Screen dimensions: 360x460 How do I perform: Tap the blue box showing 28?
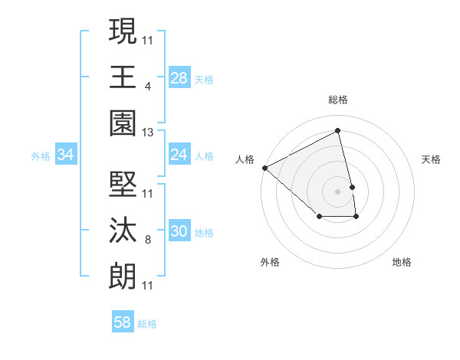click(179, 78)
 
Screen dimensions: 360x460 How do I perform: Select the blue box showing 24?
click(179, 155)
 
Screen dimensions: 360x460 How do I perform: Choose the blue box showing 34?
click(66, 155)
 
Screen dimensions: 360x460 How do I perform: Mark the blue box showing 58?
click(123, 323)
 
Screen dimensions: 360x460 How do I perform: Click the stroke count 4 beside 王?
click(147, 86)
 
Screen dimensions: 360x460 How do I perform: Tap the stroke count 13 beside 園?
click(148, 132)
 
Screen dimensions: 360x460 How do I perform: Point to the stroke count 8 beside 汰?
click(147, 241)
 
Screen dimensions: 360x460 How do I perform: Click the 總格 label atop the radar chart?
click(338, 100)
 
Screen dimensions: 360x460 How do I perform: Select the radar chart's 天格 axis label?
click(432, 159)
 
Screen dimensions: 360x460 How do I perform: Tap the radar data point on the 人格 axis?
click(264, 167)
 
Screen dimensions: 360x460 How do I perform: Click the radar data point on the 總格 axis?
click(338, 131)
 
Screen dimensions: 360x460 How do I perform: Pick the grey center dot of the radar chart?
click(338, 191)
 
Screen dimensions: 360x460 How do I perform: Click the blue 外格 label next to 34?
click(41, 156)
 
